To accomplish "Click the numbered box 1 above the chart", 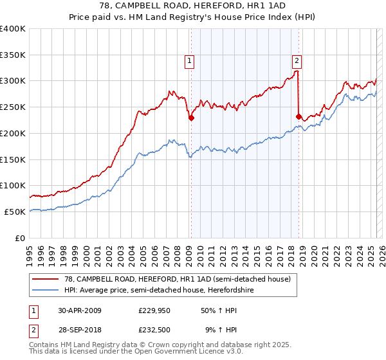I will pos(190,62).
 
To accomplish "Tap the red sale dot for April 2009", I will pos(191,118).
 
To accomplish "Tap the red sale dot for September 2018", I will pos(299,116).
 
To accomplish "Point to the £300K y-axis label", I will pos(13,81).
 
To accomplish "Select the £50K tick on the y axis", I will pos(15,212).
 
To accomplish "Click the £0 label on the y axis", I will pos(21,238).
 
